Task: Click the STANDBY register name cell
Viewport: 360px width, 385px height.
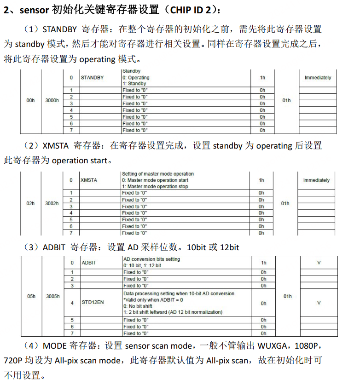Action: [93, 78]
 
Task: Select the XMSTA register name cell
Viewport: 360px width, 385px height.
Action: [89, 180]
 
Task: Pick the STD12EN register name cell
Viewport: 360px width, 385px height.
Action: [93, 303]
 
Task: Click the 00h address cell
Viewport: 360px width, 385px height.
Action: [30, 100]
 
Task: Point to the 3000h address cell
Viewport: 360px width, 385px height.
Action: [52, 100]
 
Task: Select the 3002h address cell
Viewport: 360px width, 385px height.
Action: [52, 203]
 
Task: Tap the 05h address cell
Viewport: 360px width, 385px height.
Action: [31, 296]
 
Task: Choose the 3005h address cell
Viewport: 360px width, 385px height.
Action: [53, 296]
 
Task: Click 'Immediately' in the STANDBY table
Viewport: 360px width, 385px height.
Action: [318, 78]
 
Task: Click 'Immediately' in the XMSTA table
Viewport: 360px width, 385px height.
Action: [316, 180]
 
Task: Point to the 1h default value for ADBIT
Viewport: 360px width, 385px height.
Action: [263, 263]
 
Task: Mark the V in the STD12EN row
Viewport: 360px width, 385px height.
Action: [319, 303]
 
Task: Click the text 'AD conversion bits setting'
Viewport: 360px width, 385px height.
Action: [151, 259]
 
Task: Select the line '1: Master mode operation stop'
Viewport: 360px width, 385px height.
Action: [155, 186]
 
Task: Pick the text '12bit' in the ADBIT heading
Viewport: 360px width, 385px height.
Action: [229, 247]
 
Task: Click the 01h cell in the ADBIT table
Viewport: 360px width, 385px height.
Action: [287, 296]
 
